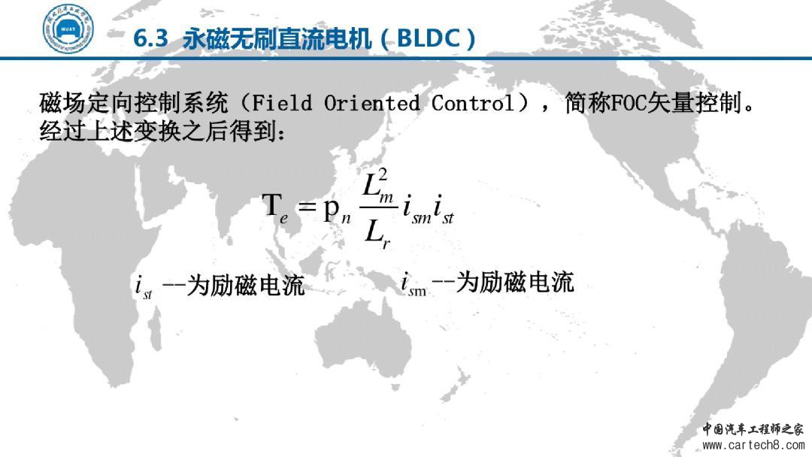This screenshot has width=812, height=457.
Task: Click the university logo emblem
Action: click(68, 29)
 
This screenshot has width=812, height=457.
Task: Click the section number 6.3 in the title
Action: click(150, 39)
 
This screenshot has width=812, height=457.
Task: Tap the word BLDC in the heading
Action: click(429, 39)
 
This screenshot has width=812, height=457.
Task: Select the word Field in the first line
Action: click(282, 103)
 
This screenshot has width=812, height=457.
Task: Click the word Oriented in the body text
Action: click(372, 103)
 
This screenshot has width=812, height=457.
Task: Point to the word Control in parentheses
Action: click(473, 103)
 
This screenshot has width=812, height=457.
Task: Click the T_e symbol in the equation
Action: click(275, 207)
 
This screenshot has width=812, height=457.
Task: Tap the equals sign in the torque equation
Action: click(307, 207)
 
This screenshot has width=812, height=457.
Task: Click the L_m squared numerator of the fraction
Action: click(377, 186)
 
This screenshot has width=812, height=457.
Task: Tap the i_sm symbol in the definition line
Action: click(414, 284)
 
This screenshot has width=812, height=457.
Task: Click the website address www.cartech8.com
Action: click(753, 445)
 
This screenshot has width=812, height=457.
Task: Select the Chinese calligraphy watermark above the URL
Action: click(753, 429)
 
